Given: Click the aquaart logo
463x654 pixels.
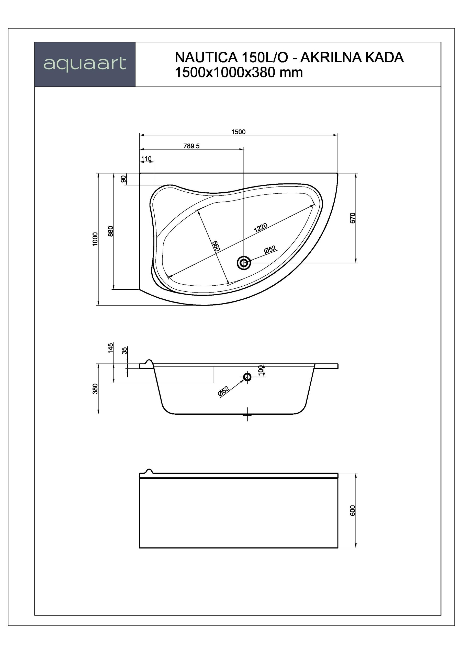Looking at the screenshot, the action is pyautogui.click(x=85, y=64).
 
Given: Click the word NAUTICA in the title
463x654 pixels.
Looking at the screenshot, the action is pyautogui.click(x=206, y=57).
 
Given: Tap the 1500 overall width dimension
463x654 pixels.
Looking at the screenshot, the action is pyautogui.click(x=238, y=132).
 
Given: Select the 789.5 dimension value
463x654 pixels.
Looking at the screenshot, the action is pyautogui.click(x=191, y=146).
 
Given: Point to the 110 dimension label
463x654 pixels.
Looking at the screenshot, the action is pyautogui.click(x=146, y=159).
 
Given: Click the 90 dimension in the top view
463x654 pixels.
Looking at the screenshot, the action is pyautogui.click(x=123, y=179).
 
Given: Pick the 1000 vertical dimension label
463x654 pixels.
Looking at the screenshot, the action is pyautogui.click(x=95, y=239).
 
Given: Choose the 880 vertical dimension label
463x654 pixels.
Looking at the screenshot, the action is pyautogui.click(x=111, y=231).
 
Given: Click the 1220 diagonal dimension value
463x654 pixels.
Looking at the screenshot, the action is pyautogui.click(x=261, y=228).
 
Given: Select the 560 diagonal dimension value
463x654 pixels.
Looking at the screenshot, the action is pyautogui.click(x=216, y=246).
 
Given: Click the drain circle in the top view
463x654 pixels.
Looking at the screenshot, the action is pyautogui.click(x=244, y=263).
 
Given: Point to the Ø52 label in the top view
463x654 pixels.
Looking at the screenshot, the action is pyautogui.click(x=270, y=250).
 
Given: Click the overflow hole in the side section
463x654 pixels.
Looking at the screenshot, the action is pyautogui.click(x=247, y=377).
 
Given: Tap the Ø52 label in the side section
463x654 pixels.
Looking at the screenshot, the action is pyautogui.click(x=223, y=391).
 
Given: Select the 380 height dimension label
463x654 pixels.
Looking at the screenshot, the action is pyautogui.click(x=95, y=389).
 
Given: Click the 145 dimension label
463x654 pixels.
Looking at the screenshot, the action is pyautogui.click(x=111, y=348).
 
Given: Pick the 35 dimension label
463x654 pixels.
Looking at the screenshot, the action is pyautogui.click(x=124, y=351).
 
